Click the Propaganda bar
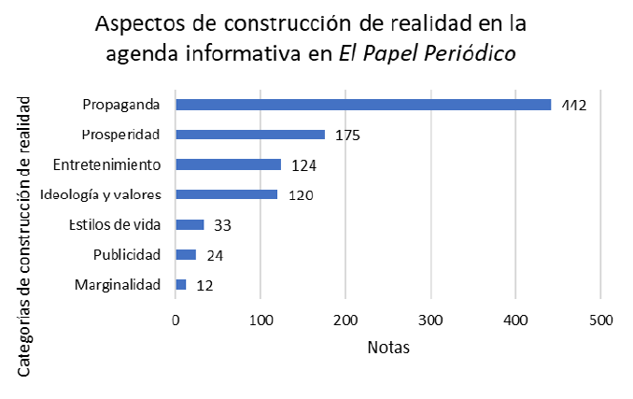[x=363, y=105]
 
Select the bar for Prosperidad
[x=250, y=135]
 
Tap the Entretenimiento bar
[x=228, y=164]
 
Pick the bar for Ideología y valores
[x=227, y=194]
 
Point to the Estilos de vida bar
[x=190, y=224]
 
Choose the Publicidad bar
[x=186, y=254]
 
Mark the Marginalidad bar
[x=181, y=284]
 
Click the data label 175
[x=347, y=135]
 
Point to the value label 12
[x=205, y=285]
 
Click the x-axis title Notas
[x=388, y=348]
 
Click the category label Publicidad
[x=128, y=254]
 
